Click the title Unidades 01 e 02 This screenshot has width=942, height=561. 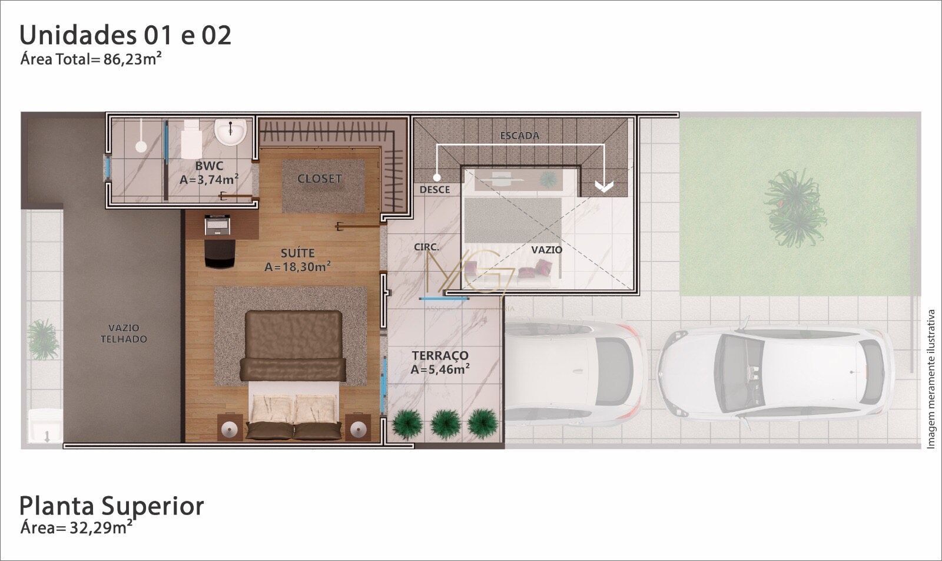click(x=125, y=35)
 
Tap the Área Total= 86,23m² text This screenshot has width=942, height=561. click(x=91, y=59)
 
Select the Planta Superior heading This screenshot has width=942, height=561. click(x=112, y=506)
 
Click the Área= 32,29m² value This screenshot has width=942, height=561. click(x=76, y=527)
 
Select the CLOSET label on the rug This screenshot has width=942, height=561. click(x=319, y=179)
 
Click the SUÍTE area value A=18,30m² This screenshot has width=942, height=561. click(x=297, y=267)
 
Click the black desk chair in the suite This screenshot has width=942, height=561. click(x=220, y=253)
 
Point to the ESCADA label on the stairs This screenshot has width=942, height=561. click(x=519, y=136)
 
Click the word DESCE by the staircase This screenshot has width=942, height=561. click(x=434, y=190)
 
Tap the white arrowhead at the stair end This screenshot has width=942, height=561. click(x=603, y=186)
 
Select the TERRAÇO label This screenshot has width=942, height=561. click(x=440, y=355)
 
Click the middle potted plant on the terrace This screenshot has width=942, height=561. click(x=445, y=422)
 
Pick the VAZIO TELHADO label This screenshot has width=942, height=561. click(x=124, y=334)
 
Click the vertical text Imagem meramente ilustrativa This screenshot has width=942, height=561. click(x=931, y=379)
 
